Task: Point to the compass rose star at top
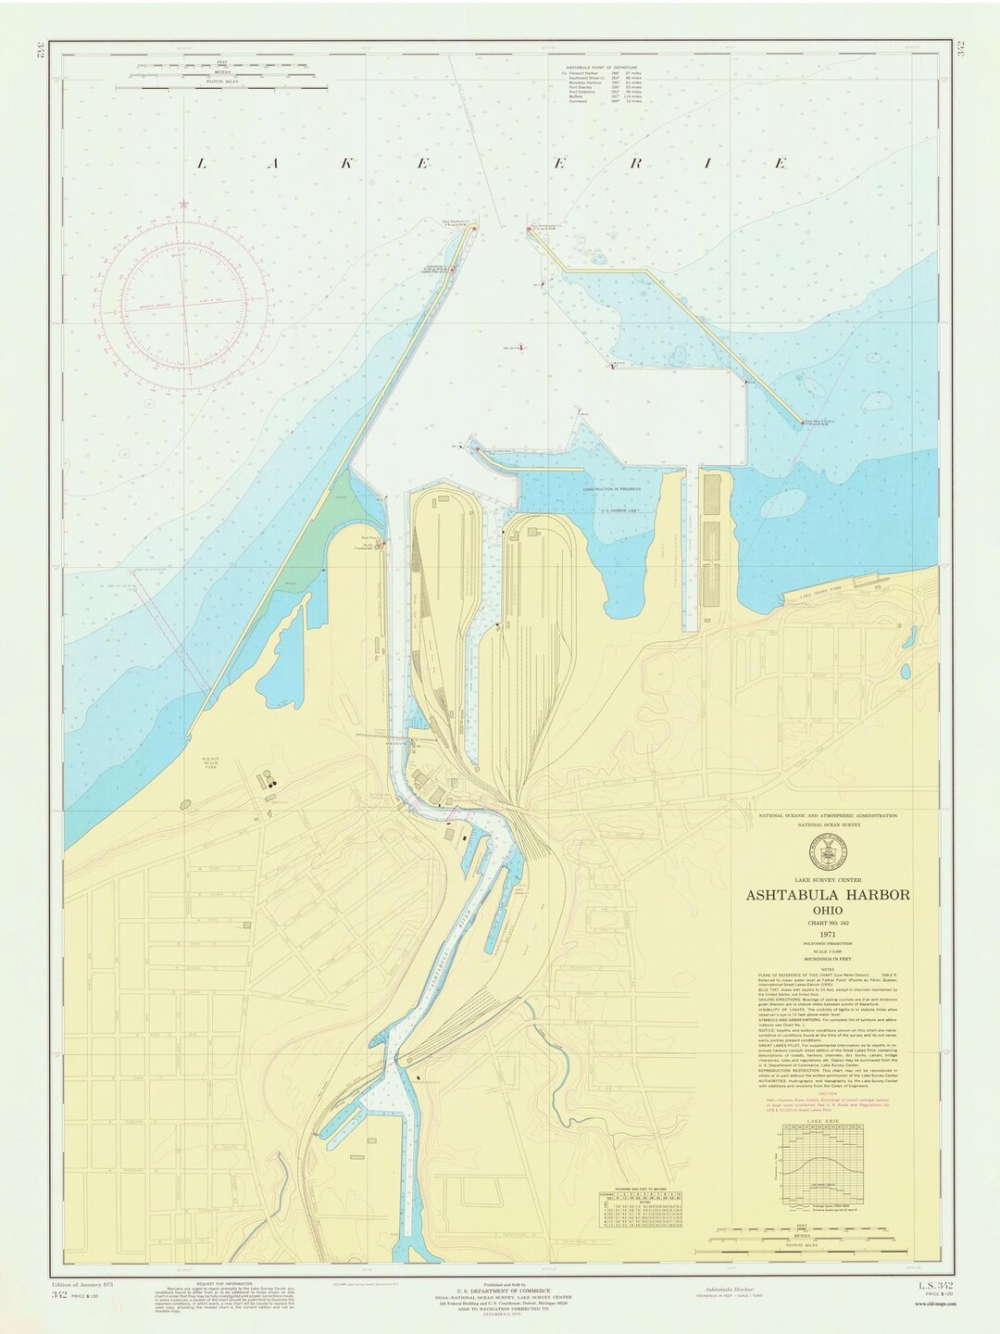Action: [x=183, y=204]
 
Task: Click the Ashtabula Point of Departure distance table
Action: [x=606, y=86]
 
